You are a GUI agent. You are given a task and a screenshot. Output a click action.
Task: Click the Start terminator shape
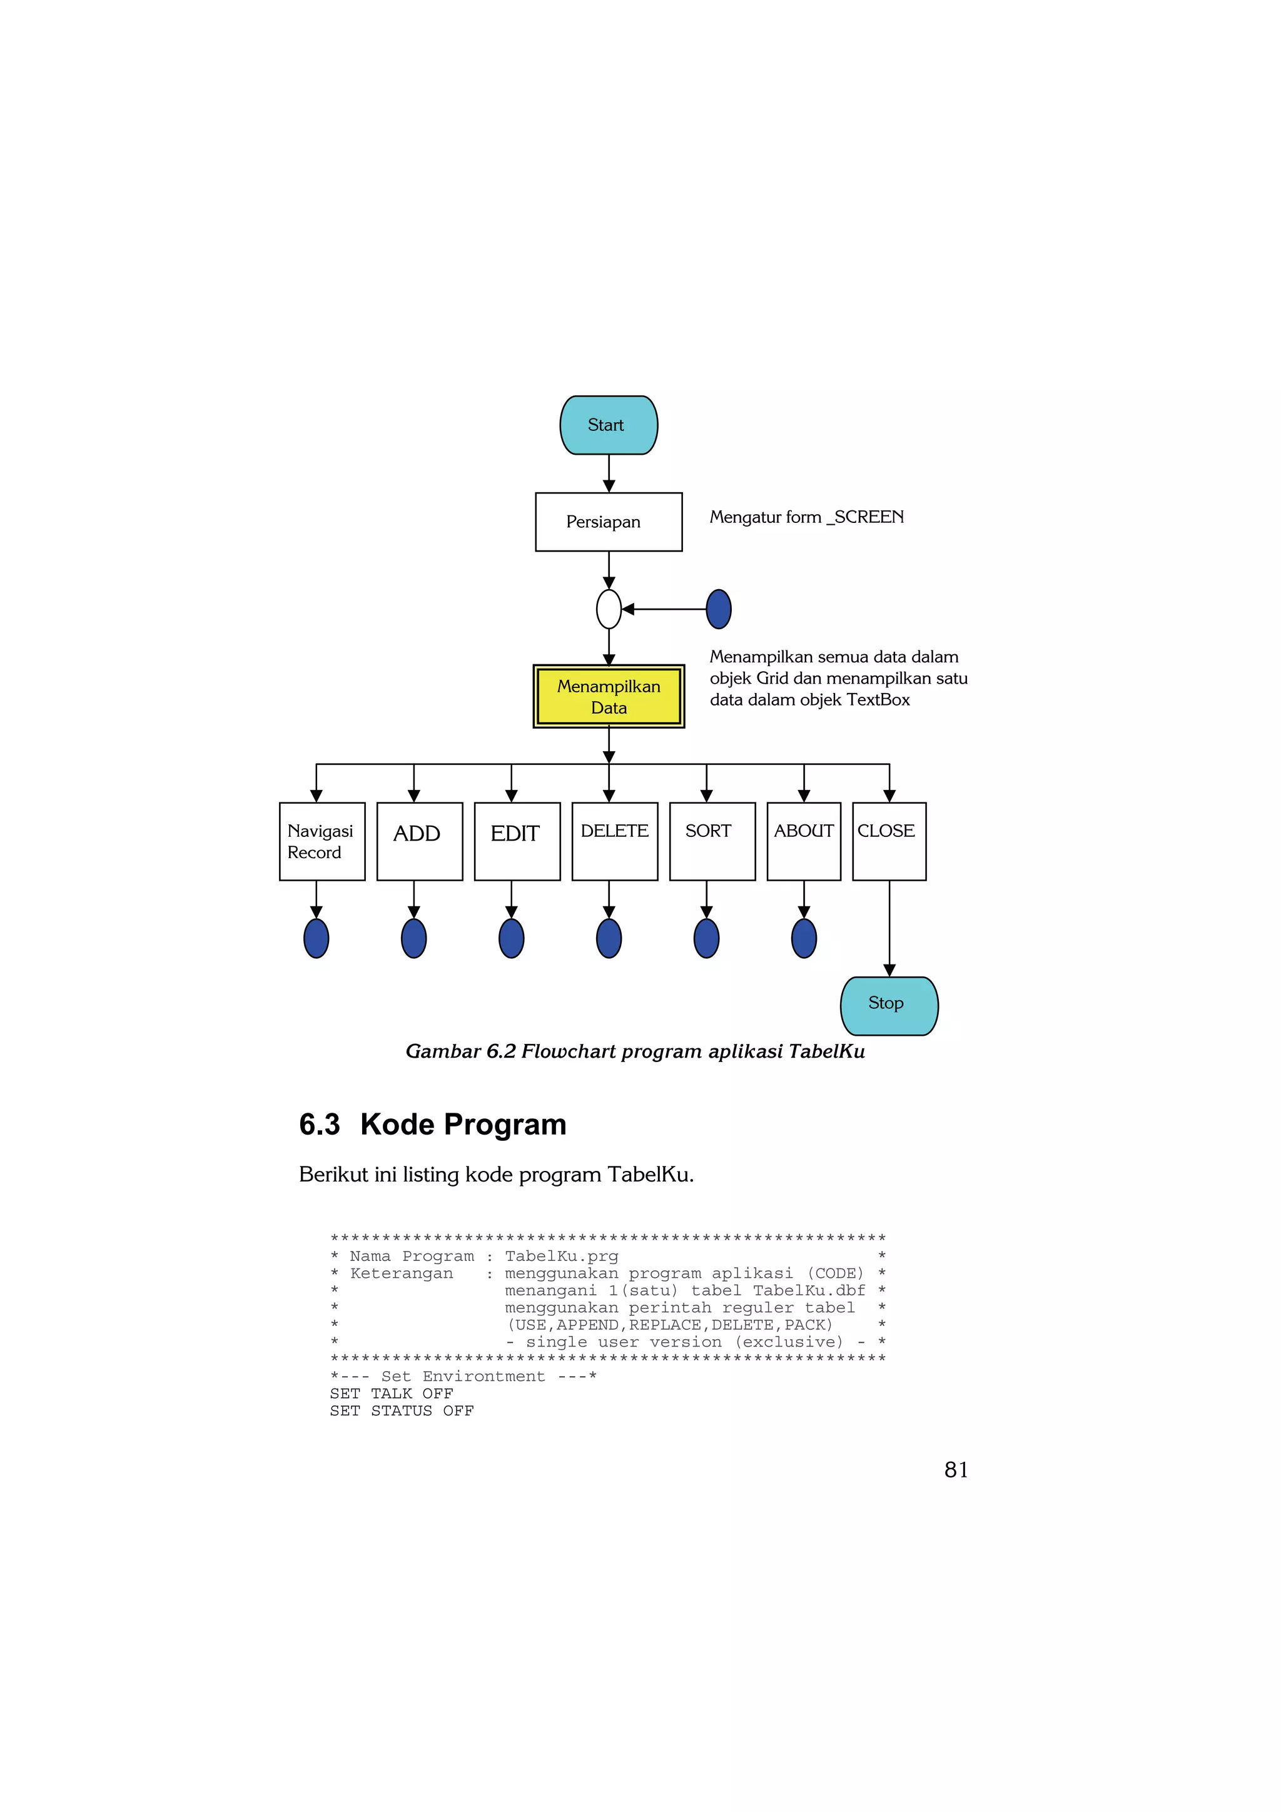(609, 425)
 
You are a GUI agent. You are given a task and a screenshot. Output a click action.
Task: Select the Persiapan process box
(609, 522)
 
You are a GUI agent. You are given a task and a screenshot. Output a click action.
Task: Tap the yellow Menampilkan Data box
(609, 696)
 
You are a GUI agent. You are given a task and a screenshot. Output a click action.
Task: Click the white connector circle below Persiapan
(609, 609)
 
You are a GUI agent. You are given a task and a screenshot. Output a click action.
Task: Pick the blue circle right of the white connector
(718, 609)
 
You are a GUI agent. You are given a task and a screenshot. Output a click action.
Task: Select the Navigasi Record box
(322, 841)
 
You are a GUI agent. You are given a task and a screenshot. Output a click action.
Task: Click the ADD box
(419, 841)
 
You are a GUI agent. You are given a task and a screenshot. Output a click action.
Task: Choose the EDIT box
(517, 841)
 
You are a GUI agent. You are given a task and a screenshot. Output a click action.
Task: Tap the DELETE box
(614, 841)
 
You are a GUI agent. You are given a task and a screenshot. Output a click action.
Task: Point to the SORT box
(712, 841)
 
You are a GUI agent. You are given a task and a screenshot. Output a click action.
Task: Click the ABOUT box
(804, 841)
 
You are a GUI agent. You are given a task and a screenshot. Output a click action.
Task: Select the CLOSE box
(889, 841)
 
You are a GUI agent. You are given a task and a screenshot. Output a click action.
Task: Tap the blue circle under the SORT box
(706, 938)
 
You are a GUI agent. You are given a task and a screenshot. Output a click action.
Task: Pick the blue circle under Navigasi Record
(316, 938)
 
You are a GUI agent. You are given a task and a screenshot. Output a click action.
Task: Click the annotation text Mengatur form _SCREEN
(806, 517)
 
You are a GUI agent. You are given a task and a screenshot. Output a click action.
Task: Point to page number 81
(956, 1469)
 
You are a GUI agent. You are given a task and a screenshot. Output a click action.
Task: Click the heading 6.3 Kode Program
(432, 1125)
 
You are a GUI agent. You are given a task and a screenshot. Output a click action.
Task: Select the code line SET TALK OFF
(392, 1394)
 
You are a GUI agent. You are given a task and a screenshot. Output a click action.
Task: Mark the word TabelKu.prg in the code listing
(561, 1255)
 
